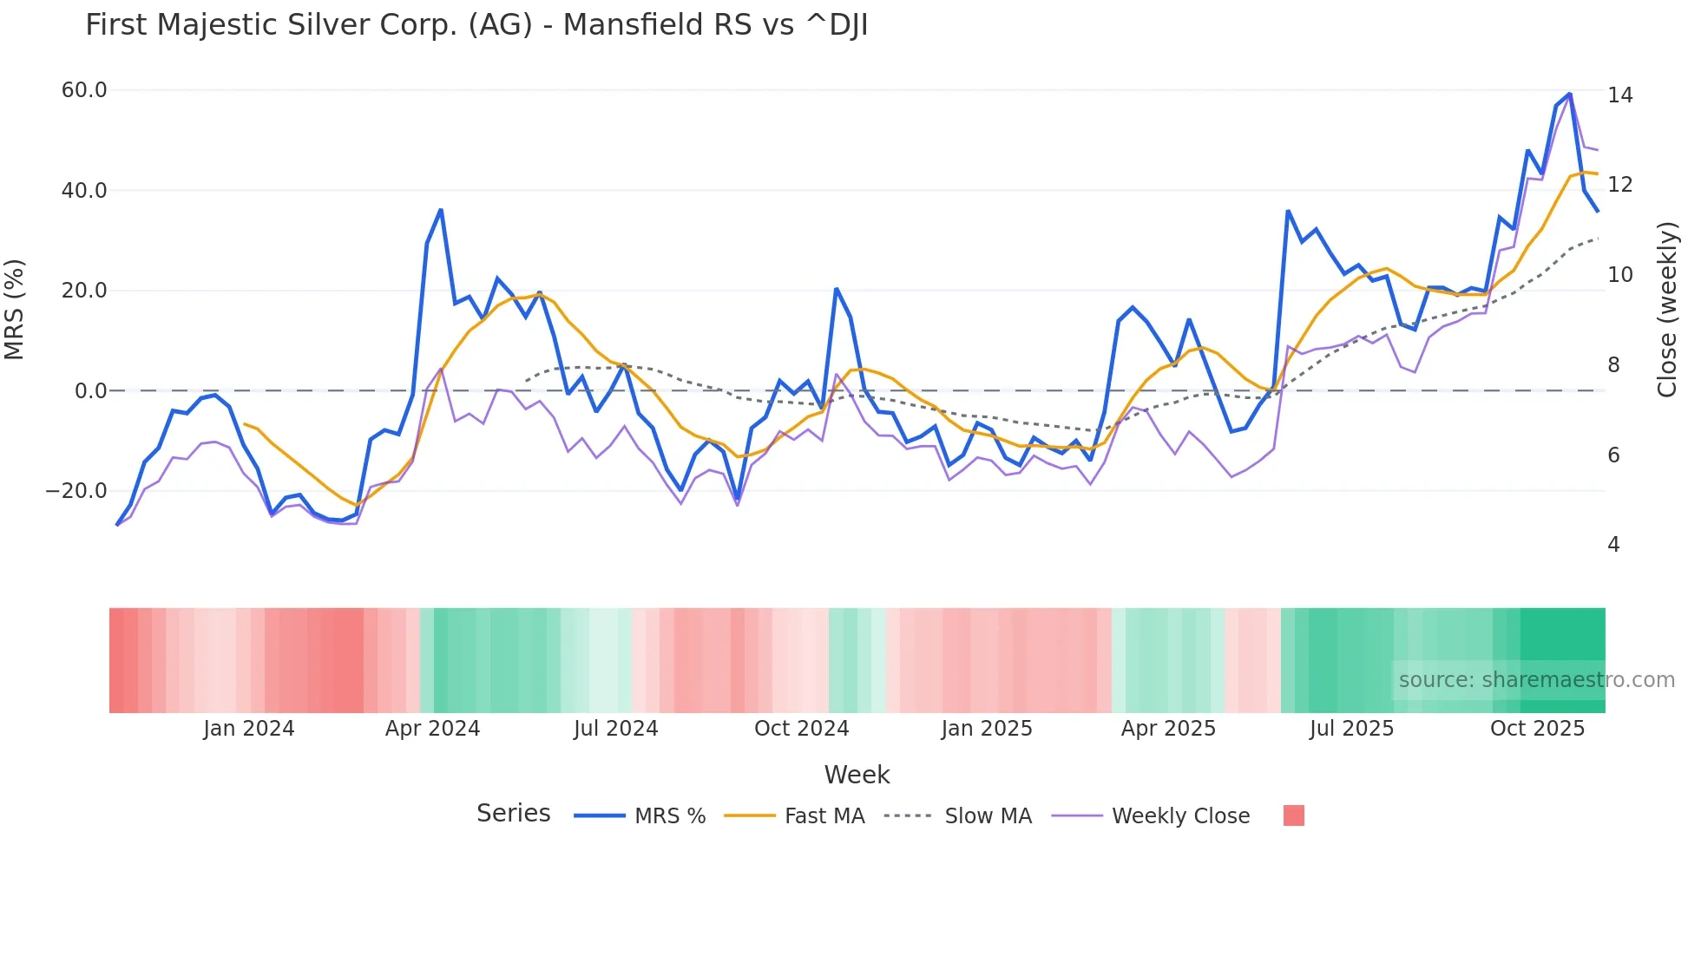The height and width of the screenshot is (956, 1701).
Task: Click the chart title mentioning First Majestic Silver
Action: [x=476, y=25]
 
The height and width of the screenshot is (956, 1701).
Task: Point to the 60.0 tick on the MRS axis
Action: [x=84, y=90]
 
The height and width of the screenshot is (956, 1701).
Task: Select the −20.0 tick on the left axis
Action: [x=76, y=491]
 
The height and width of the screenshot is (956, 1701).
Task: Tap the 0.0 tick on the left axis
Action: [x=90, y=391]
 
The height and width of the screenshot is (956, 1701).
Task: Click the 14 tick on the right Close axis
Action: [x=1619, y=95]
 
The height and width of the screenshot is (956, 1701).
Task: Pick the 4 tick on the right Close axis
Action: [x=1613, y=545]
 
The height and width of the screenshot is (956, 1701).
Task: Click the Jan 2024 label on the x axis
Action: [x=249, y=729]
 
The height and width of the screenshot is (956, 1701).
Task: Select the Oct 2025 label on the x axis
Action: [x=1537, y=729]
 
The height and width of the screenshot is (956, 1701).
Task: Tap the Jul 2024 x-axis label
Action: [x=615, y=729]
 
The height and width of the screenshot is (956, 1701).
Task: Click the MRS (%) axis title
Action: [x=15, y=310]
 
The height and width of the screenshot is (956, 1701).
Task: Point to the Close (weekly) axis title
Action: [x=1666, y=310]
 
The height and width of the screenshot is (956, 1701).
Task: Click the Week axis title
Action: [x=857, y=775]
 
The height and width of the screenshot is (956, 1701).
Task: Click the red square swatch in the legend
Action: [x=1293, y=815]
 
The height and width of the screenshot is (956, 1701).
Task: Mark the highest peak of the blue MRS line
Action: [x=1569, y=94]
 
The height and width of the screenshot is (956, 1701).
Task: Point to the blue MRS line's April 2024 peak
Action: [x=441, y=210]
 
